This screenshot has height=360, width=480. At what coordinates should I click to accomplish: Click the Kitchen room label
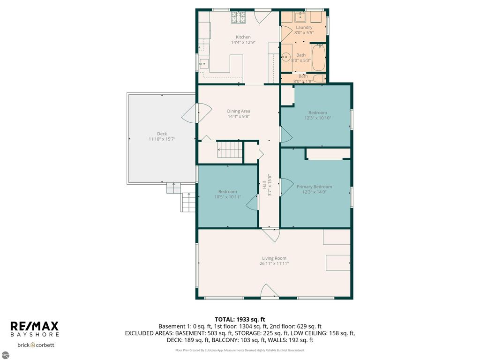pyautogui.click(x=243, y=37)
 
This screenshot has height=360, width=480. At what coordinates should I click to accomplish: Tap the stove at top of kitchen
pyautogui.click(x=239, y=17)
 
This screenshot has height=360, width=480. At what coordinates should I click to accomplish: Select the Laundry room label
pyautogui.click(x=303, y=27)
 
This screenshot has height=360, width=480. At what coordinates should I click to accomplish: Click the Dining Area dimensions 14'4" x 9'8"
pyautogui.click(x=238, y=116)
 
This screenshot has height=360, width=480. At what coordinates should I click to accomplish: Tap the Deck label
pyautogui.click(x=162, y=134)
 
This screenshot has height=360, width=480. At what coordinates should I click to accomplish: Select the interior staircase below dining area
pyautogui.click(x=229, y=151)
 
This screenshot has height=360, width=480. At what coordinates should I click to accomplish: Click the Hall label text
pyautogui.click(x=264, y=185)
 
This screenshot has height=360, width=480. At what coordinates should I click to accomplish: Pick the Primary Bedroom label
pyautogui.click(x=314, y=187)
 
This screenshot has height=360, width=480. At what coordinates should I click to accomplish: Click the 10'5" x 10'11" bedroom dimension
pyautogui.click(x=227, y=196)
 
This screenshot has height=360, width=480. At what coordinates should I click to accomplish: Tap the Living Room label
pyautogui.click(x=274, y=258)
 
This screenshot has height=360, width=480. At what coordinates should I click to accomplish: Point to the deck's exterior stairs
pyautogui.click(x=188, y=202)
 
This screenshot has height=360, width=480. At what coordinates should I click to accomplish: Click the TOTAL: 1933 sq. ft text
pyautogui.click(x=240, y=319)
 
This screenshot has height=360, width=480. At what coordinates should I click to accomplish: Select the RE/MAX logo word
pyautogui.click(x=34, y=326)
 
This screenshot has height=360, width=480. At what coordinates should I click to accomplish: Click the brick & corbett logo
pyautogui.click(x=36, y=345)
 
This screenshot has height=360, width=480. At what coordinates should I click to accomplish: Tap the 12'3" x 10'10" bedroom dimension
pyautogui.click(x=317, y=118)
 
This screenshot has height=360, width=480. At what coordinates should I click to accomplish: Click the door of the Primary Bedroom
pyautogui.click(x=285, y=187)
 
